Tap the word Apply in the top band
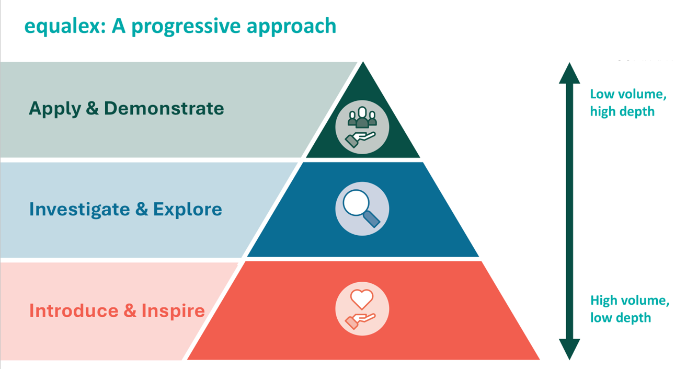53,109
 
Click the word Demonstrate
164,108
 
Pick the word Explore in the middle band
187,209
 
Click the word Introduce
74,310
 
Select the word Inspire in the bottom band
173,311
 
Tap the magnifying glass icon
361,207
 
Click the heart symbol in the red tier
362,299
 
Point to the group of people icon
362,118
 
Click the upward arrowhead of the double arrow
569,74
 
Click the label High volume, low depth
630,309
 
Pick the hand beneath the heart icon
360,319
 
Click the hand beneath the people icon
360,139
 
